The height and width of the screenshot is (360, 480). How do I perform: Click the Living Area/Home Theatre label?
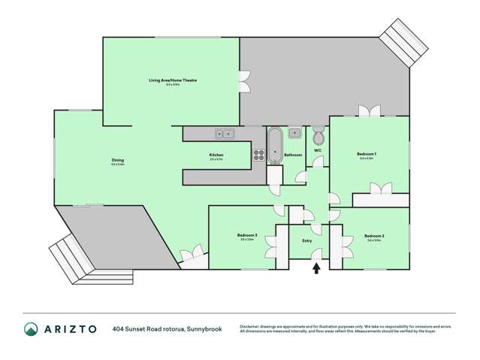[172, 79]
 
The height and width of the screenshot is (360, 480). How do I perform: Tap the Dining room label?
[118, 161]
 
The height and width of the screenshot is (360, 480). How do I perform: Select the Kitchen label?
[216, 156]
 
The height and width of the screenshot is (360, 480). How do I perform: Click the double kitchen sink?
[225, 135]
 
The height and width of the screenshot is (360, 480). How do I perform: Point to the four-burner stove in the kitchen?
[258, 156]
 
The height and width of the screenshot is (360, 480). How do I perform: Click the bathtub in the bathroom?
[274, 147]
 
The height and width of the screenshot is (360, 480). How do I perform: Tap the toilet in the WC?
[318, 138]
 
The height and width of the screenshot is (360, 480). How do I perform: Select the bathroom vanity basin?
[296, 135]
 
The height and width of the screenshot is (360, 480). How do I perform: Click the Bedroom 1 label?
[367, 155]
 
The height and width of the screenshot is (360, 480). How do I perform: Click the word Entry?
[306, 241]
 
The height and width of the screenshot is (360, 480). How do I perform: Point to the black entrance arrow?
[315, 266]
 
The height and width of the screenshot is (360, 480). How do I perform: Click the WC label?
[317, 150]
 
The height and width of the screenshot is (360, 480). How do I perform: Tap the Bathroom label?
[293, 155]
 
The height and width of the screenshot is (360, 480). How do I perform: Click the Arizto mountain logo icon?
[32, 328]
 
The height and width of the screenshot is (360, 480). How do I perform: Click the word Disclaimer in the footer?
[252, 325]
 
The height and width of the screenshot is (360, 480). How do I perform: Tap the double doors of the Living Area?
[243, 77]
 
